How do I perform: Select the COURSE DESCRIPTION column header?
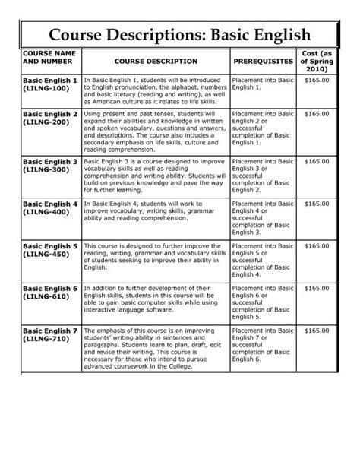156,61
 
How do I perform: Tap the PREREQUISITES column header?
263,61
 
